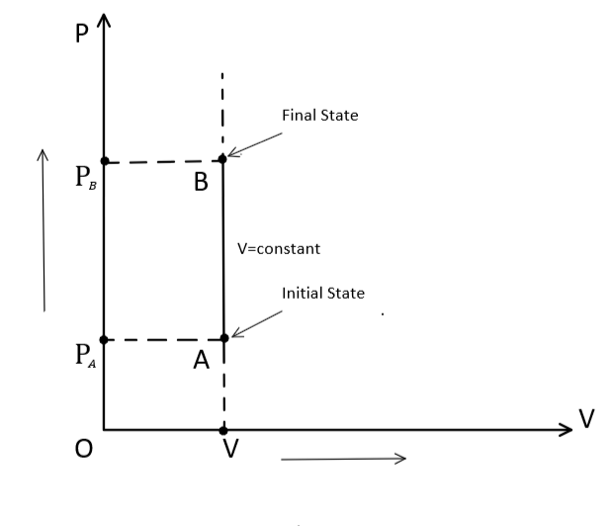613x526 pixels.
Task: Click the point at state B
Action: pyautogui.click(x=222, y=158)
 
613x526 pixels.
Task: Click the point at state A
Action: pyautogui.click(x=223, y=338)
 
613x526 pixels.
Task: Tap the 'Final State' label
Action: pyautogui.click(x=319, y=116)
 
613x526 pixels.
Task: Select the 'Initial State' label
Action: pyautogui.click(x=323, y=294)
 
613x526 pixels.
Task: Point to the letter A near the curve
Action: pyautogui.click(x=202, y=362)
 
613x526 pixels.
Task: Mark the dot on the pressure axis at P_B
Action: pyautogui.click(x=104, y=161)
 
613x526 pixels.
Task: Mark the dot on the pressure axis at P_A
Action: pyautogui.click(x=104, y=339)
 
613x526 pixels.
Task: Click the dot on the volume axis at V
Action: pyautogui.click(x=222, y=430)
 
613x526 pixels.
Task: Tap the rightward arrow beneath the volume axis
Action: pyautogui.click(x=343, y=458)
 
